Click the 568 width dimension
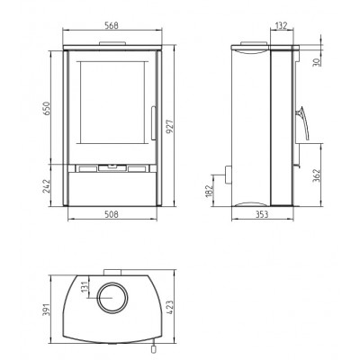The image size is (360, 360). click(112, 25)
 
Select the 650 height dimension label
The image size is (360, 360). click(46, 108)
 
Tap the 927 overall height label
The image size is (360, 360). click(170, 127)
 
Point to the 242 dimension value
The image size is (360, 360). click(46, 186)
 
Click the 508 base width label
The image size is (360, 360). click(112, 214)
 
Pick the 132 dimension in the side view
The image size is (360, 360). click(281, 25)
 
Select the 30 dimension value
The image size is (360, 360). click(317, 62)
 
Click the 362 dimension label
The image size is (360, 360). click(317, 176)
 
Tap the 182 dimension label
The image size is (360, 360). click(209, 191)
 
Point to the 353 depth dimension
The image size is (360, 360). click(262, 214)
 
